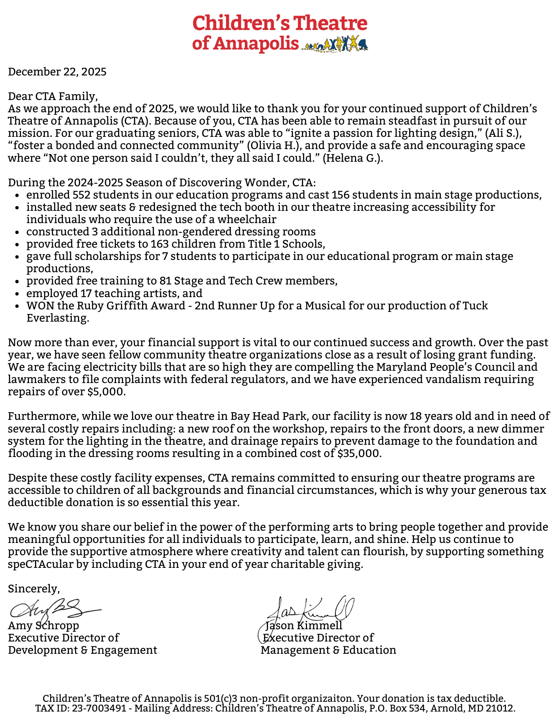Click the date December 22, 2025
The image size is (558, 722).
tap(57, 72)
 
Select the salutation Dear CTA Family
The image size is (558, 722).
tap(53, 96)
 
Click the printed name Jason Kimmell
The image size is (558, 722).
tap(304, 625)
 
